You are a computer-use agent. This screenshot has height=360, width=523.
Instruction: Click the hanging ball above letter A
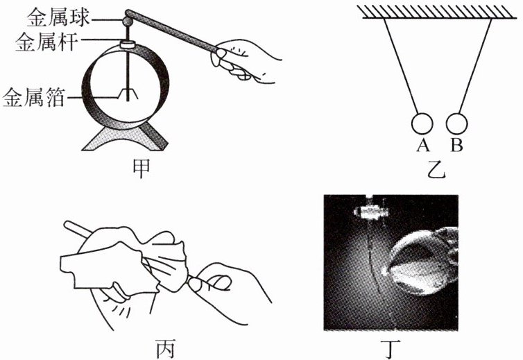[421, 123]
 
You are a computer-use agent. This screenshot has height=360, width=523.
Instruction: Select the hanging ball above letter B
[458, 123]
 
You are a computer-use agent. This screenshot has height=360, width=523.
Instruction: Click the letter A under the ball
[421, 145]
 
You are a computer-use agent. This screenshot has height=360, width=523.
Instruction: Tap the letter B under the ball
[456, 145]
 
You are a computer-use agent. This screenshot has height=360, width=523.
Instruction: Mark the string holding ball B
[475, 66]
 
